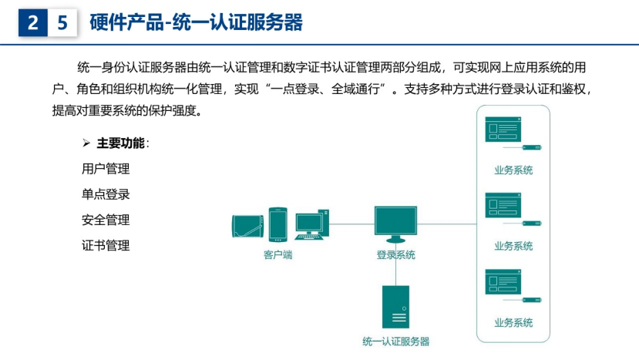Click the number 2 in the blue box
[x=32, y=22]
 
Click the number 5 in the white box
[x=62, y=22]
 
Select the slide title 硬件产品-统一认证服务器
[x=196, y=22]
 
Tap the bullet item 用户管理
[x=106, y=169]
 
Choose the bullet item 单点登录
[x=106, y=194]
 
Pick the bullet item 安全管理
[x=106, y=220]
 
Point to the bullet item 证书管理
[x=106, y=245]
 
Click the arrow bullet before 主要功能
[x=86, y=143]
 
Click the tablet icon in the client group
[x=247, y=226]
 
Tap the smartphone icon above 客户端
[x=278, y=224]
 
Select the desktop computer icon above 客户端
[x=311, y=224]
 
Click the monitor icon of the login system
[x=395, y=224]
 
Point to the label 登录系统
[x=395, y=255]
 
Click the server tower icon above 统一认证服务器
[x=395, y=307]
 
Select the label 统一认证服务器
[x=395, y=341]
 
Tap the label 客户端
[x=278, y=255]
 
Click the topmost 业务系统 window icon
[x=503, y=130]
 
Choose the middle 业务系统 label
[x=513, y=246]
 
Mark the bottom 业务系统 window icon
[x=503, y=281]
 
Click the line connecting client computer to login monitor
[x=351, y=224]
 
